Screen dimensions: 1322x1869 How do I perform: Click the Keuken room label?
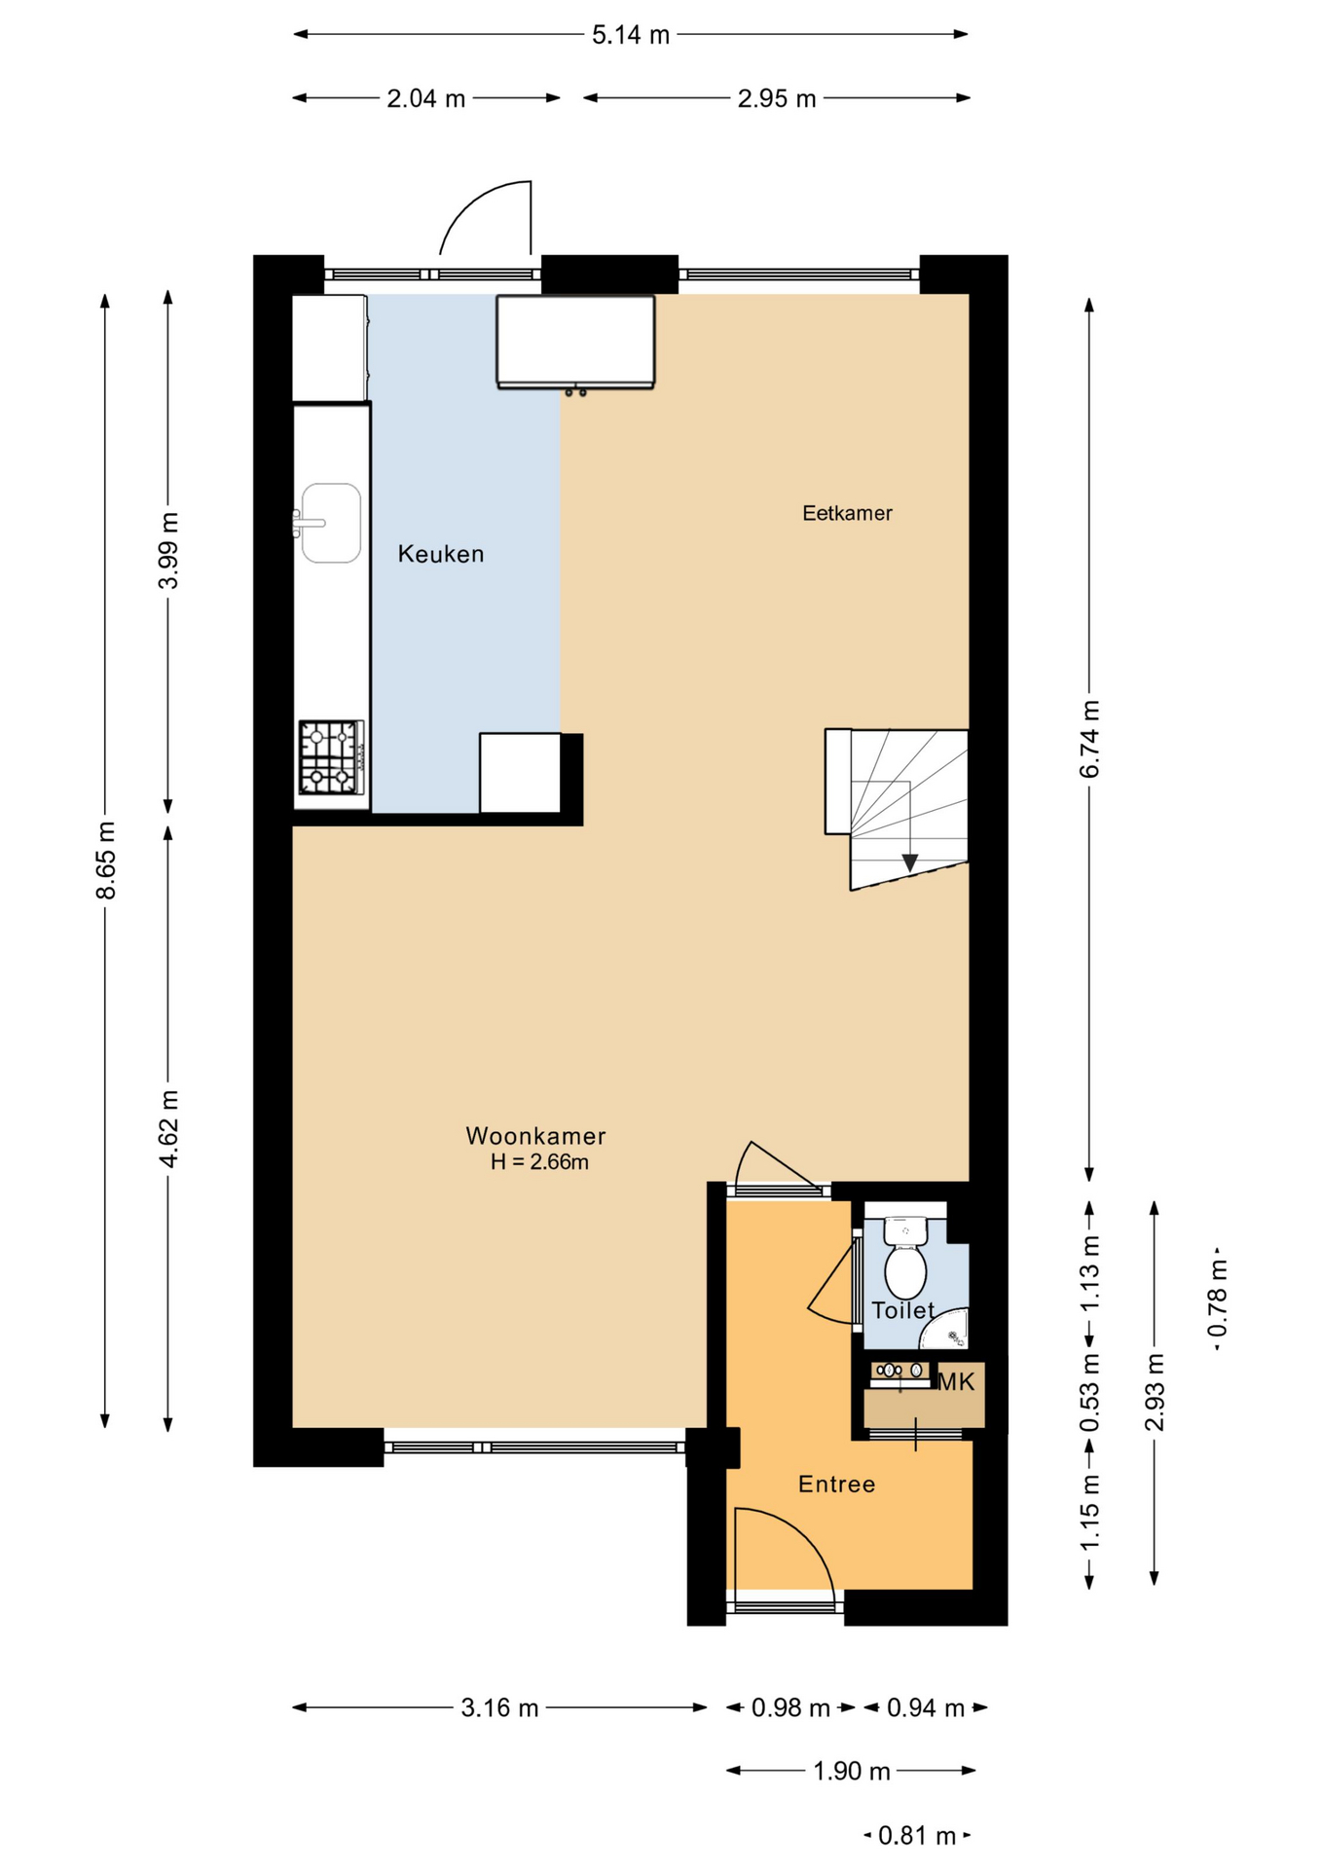click(440, 554)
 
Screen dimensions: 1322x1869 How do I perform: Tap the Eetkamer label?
click(847, 513)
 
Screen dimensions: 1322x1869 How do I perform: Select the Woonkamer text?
click(535, 1135)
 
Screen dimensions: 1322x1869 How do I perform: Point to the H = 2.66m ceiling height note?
click(539, 1161)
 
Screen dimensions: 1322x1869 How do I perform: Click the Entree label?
click(836, 1484)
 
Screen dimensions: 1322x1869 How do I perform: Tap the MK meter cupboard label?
click(956, 1381)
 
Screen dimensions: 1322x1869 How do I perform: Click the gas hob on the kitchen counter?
click(331, 757)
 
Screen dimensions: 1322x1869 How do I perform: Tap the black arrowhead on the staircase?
click(909, 863)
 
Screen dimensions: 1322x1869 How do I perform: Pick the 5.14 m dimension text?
click(631, 35)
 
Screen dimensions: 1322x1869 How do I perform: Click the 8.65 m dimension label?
click(106, 861)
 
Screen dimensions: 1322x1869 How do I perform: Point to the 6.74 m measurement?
click(1089, 739)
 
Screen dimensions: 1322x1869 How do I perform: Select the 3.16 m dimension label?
click(499, 1707)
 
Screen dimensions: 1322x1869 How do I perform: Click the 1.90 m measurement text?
click(852, 1771)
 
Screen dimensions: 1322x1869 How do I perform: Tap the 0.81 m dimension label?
click(917, 1835)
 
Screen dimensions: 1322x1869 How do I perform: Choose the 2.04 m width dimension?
click(426, 98)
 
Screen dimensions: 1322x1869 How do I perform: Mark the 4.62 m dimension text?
click(169, 1128)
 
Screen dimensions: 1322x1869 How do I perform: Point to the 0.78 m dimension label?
click(1218, 1298)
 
